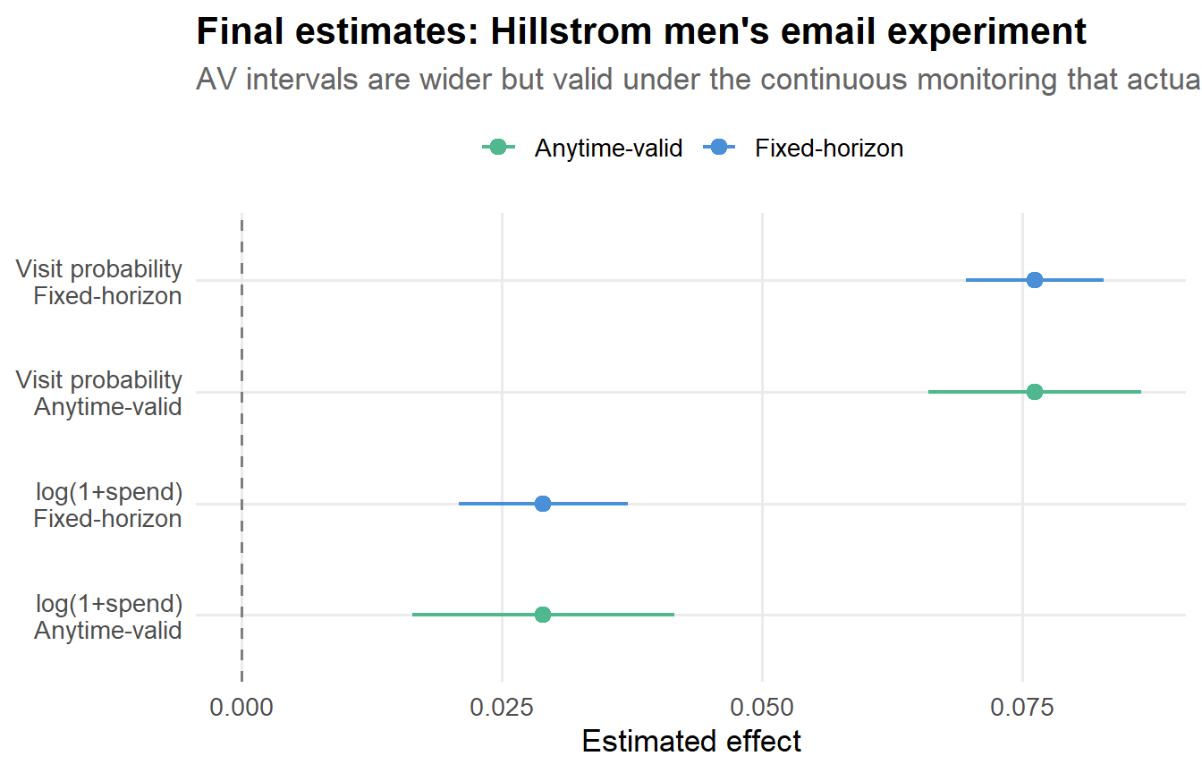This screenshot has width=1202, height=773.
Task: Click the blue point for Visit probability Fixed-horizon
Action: click(1035, 280)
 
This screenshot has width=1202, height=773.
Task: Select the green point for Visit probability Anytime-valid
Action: click(1035, 392)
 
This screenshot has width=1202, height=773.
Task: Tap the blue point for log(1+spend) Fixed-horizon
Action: click(543, 504)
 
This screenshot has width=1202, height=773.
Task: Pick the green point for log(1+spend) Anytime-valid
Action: click(543, 615)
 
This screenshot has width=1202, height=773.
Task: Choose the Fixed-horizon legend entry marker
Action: click(720, 148)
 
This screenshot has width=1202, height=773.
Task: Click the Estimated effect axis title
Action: click(691, 742)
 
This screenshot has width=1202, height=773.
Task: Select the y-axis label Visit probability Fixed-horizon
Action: click(99, 282)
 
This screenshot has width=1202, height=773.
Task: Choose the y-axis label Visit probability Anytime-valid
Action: click(99, 394)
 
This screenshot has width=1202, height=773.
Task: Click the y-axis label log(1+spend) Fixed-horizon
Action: click(108, 505)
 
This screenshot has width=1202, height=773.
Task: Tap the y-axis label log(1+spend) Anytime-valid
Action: click(108, 617)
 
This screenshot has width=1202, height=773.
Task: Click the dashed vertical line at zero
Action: click(241, 447)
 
